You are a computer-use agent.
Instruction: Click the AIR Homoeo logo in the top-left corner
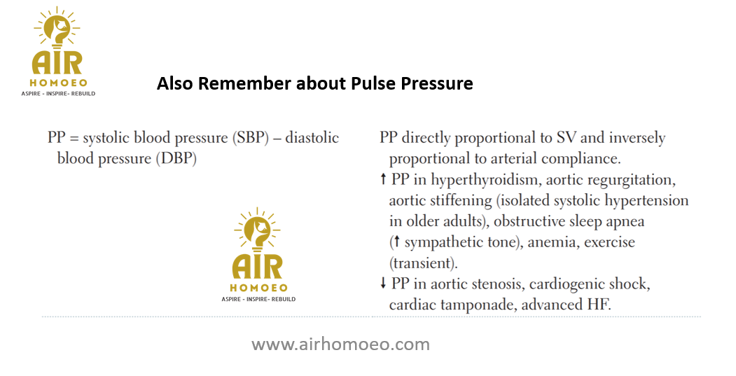(x=58, y=52)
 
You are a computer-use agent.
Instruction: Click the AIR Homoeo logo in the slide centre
(x=258, y=254)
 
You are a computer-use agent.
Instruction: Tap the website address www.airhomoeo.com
(x=341, y=344)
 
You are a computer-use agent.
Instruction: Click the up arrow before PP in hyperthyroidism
(x=383, y=179)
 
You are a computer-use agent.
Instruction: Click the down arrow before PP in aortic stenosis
(x=383, y=283)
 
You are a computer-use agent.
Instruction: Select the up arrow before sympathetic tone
(x=396, y=242)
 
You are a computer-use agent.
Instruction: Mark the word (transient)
(x=424, y=263)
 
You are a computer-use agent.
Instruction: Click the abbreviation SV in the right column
(x=567, y=138)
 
